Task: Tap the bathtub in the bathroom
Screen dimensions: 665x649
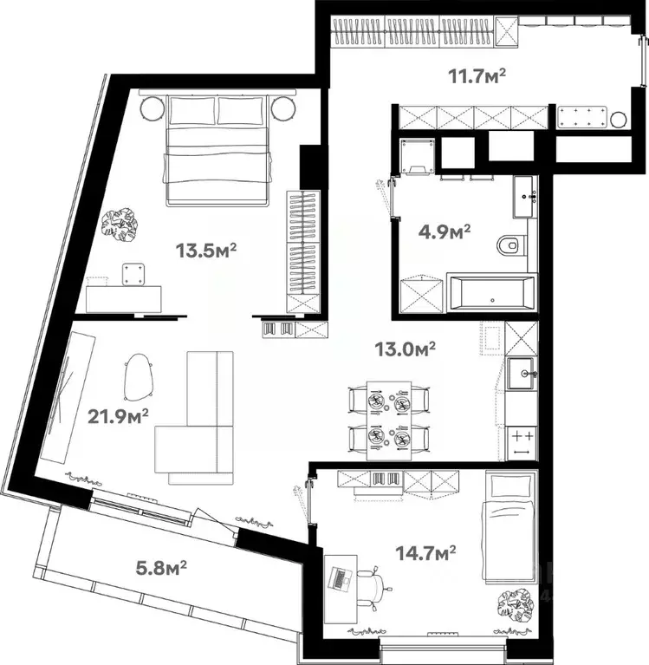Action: pos(490,293)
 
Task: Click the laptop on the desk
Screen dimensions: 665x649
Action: pos(341,578)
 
